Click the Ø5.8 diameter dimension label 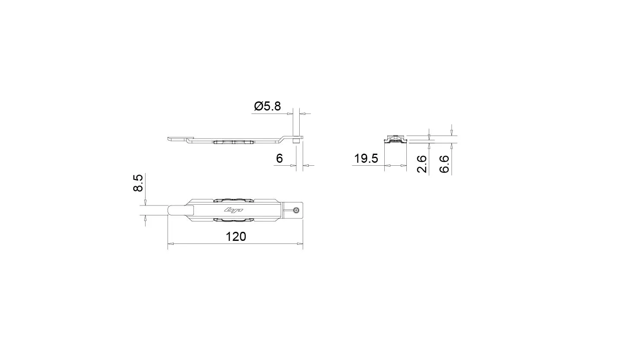tap(267, 106)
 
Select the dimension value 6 tap(279, 158)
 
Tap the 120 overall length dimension tap(236, 237)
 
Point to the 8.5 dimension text tap(138, 183)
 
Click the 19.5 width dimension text tap(366, 158)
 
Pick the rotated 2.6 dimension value tap(422, 164)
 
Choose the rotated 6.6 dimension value tap(444, 164)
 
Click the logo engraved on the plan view tap(234, 210)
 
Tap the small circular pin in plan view tap(296, 210)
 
